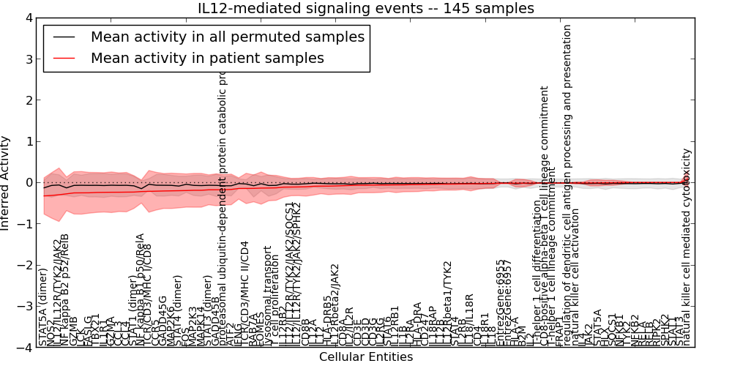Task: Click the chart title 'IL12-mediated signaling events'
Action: pyautogui.click(x=366, y=8)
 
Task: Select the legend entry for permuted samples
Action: pyautogui.click(x=227, y=37)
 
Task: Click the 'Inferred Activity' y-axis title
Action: pyautogui.click(x=7, y=183)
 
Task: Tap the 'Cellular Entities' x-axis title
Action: pyautogui.click(x=366, y=357)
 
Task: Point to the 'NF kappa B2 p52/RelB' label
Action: pyautogui.click(x=64, y=290)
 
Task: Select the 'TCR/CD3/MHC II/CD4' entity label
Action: pyautogui.click(x=244, y=293)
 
